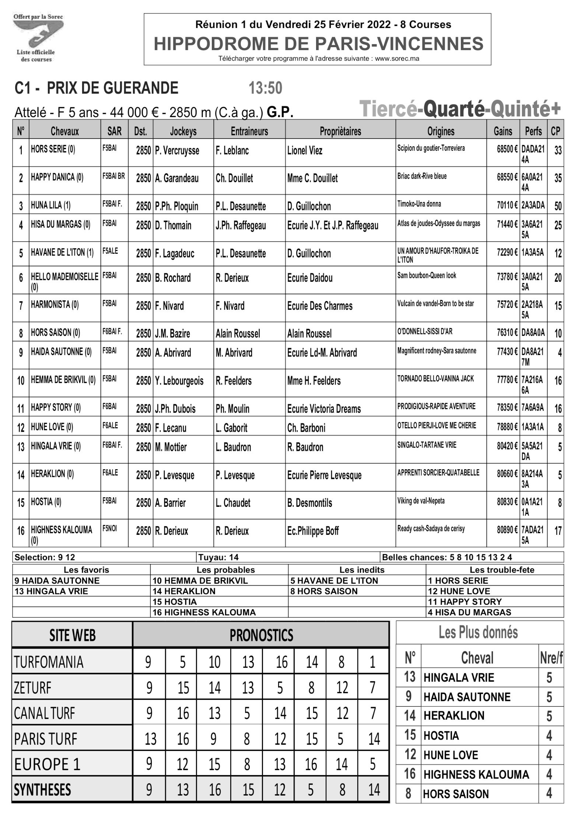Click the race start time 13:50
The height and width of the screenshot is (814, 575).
(265, 88)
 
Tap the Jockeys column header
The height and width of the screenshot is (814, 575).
(183, 131)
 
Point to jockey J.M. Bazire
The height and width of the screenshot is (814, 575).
(172, 334)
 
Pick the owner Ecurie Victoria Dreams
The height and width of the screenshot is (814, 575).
(324, 408)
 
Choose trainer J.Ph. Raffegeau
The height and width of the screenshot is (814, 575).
(241, 225)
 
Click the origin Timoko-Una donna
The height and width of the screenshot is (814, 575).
(419, 204)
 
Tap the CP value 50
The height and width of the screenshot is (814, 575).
(558, 206)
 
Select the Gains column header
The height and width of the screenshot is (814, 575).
(503, 131)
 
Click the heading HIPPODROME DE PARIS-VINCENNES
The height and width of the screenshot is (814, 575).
(318, 44)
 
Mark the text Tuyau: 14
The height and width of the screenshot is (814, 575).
(218, 557)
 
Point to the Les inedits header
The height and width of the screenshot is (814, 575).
(362, 570)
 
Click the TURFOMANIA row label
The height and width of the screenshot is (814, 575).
(49, 662)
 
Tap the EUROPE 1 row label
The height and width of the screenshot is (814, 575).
(47, 764)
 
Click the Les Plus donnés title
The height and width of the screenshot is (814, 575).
(478, 632)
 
